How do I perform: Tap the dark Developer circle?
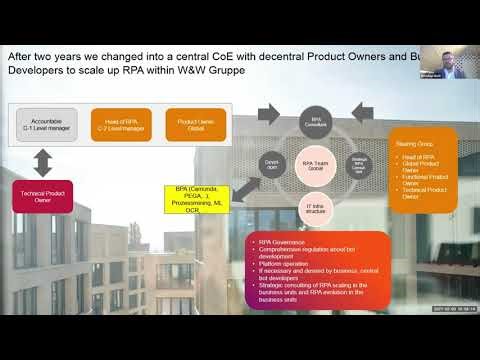(271, 163)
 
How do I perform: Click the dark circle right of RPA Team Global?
(359, 164)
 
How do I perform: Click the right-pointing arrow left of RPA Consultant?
(269, 115)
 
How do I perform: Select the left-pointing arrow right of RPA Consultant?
(363, 115)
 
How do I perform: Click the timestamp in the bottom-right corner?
(448, 310)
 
